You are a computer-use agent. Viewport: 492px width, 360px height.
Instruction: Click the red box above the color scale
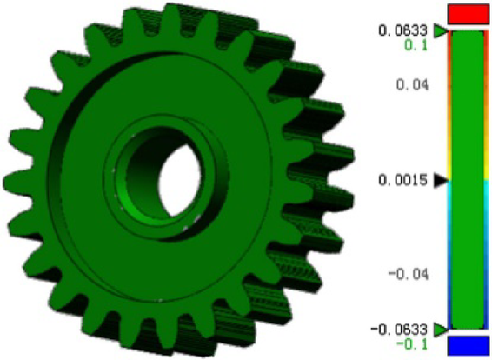click(x=468, y=14)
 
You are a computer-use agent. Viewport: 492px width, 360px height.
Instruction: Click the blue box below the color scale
click(x=468, y=346)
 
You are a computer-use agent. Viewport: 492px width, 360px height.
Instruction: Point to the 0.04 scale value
click(x=414, y=85)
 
